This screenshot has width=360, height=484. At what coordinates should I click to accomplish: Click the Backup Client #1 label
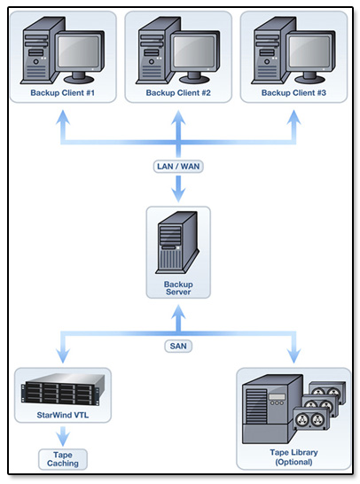(63, 92)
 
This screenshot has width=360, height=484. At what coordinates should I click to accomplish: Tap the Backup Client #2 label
(178, 92)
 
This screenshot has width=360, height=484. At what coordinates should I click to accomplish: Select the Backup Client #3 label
(293, 92)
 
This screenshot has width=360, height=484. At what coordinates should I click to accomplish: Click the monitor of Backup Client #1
(80, 57)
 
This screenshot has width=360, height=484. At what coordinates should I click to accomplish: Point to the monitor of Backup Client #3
(310, 57)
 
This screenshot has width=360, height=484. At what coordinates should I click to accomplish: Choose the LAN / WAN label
(178, 167)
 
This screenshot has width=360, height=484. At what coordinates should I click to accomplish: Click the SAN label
(178, 346)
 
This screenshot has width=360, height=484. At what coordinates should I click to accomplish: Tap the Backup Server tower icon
(177, 242)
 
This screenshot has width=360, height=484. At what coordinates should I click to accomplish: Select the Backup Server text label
(178, 288)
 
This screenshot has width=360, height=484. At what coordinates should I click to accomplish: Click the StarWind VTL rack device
(63, 389)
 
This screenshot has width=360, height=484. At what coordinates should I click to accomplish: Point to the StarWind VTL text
(63, 415)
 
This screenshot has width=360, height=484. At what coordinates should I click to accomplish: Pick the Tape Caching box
(63, 459)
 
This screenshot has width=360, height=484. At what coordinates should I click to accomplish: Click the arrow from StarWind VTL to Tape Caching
(63, 436)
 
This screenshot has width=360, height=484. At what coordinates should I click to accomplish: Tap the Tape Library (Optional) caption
(293, 457)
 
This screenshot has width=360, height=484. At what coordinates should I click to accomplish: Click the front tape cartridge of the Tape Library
(310, 419)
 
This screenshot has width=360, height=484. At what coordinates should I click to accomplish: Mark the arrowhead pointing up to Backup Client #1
(63, 117)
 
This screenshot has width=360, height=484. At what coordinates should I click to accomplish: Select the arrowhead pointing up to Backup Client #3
(293, 117)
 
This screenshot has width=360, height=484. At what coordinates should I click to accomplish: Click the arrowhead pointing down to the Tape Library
(293, 355)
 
